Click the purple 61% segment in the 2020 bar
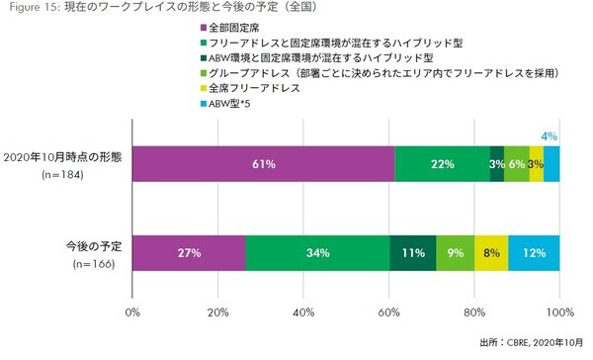[x=264, y=163]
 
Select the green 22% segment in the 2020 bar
[x=442, y=163]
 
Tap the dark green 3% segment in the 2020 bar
[x=497, y=163]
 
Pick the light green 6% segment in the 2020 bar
[x=516, y=163]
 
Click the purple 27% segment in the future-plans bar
[x=189, y=253]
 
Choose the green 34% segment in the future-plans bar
[x=317, y=253]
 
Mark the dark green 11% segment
[x=412, y=253]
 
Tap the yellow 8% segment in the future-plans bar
[x=491, y=253]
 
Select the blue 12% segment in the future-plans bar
[x=534, y=253]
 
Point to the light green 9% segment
[x=455, y=253]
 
